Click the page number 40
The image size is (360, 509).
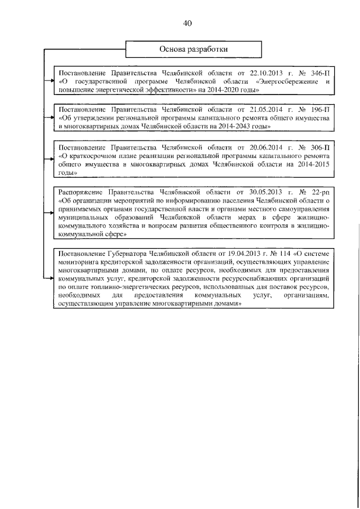[187, 23]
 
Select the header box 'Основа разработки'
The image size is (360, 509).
[194, 49]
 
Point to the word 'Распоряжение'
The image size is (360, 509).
[83, 192]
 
